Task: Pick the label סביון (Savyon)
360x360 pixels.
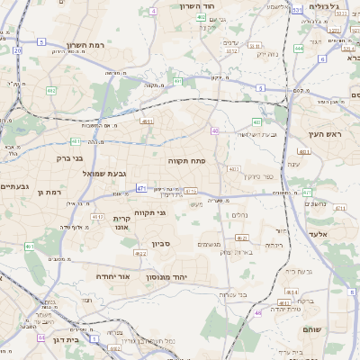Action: [162, 243]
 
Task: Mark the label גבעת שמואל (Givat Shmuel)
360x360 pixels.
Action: [108, 173]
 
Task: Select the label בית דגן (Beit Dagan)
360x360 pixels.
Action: [64, 340]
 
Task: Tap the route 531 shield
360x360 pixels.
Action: [297, 11]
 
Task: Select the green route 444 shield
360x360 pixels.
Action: [298, 49]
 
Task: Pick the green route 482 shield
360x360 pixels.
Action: [51, 91]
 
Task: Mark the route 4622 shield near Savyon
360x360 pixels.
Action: [139, 254]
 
